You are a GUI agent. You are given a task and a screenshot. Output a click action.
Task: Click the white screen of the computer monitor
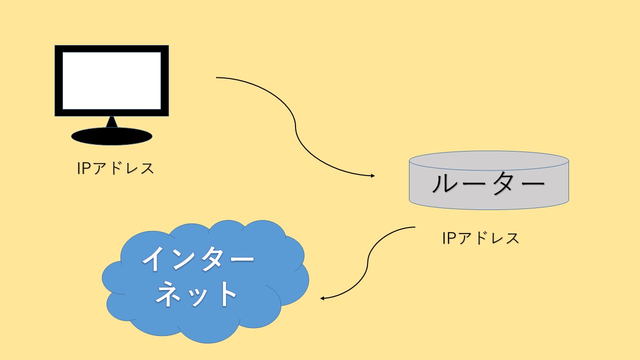[111, 80]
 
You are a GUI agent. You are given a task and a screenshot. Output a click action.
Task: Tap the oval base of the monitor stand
[111, 136]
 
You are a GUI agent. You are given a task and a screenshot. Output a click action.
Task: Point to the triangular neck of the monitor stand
[111, 121]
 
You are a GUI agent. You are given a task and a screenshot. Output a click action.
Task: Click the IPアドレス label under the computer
[115, 168]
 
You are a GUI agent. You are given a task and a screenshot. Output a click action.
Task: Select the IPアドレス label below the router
[480, 238]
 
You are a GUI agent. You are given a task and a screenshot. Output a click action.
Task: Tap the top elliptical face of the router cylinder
[489, 161]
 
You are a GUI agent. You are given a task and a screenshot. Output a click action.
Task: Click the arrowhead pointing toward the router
[372, 175]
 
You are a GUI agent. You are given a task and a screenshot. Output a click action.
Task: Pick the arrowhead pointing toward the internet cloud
[322, 298]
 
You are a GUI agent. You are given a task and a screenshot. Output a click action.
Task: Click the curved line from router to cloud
[367, 263]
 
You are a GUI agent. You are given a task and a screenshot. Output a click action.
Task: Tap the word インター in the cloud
[198, 259]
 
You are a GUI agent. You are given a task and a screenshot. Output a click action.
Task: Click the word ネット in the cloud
[196, 293]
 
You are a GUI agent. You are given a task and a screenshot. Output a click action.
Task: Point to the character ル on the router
[444, 183]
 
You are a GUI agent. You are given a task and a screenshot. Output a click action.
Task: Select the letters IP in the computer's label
[84, 168]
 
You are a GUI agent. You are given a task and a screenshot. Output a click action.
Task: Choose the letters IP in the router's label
[449, 238]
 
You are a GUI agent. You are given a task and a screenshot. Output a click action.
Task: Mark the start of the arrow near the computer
[216, 77]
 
